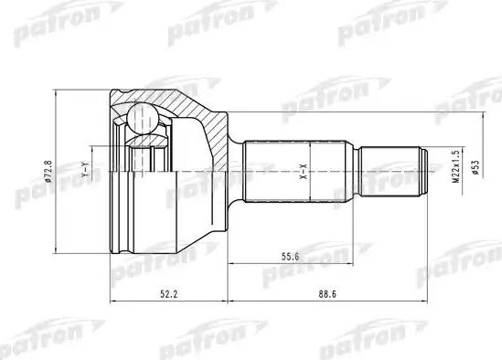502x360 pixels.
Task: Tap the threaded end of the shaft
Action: click(393, 171)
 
